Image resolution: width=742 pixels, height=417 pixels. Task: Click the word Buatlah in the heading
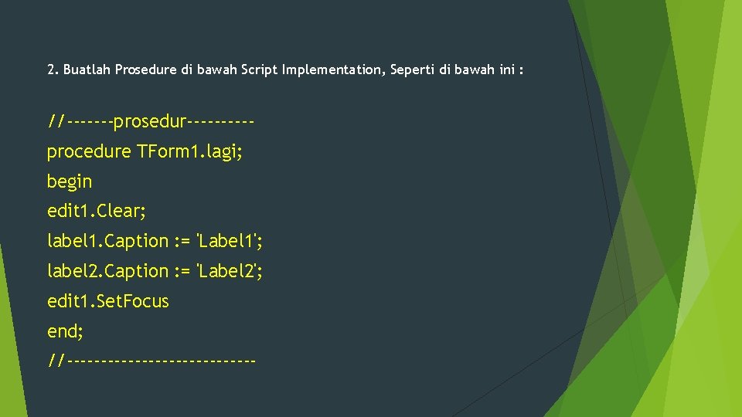coord(87,70)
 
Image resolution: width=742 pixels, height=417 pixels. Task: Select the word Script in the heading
coord(260,70)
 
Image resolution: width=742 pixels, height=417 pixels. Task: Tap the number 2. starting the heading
coord(53,70)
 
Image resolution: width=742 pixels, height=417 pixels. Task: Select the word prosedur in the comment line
coord(150,122)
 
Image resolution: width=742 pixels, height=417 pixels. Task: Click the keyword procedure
coord(89,151)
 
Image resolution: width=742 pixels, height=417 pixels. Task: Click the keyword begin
coord(70,181)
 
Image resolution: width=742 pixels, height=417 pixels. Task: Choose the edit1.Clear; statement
coord(97,211)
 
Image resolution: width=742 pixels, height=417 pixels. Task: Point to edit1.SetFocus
coord(107,301)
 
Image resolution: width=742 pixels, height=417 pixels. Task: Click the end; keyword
coord(65,331)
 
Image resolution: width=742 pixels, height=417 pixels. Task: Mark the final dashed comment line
coord(151,360)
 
